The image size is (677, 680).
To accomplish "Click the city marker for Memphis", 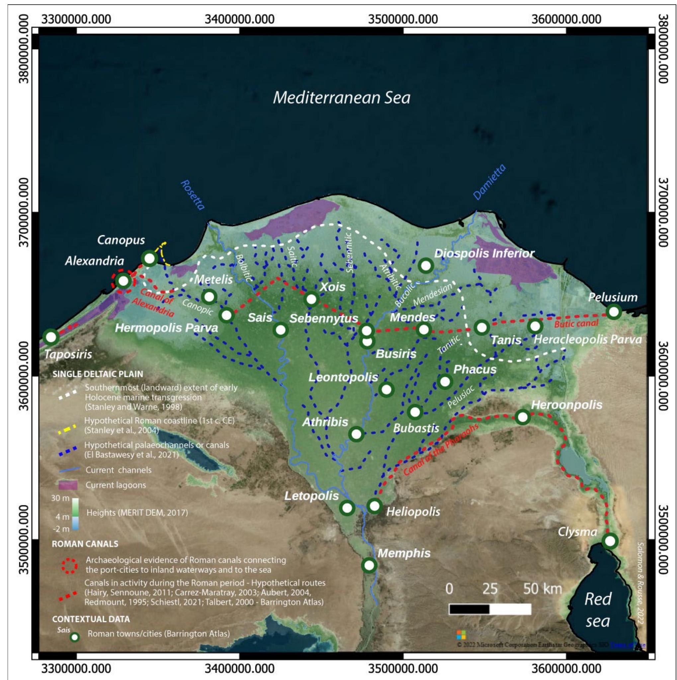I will [369, 565].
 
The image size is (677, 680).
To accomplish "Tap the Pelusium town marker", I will [614, 312].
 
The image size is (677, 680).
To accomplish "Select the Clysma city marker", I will [610, 541].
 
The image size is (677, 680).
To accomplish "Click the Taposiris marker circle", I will [51, 337].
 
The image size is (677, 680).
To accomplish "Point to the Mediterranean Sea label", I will [341, 98].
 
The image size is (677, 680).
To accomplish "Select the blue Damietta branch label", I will [489, 182].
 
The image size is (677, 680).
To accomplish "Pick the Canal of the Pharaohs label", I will [441, 450].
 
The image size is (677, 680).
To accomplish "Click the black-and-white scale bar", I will [490, 609].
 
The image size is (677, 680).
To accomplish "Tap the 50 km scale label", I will [543, 589].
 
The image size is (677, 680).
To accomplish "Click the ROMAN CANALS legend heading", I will [85, 544].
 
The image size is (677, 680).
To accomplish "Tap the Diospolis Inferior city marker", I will [426, 266].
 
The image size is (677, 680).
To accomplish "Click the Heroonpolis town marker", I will [523, 417].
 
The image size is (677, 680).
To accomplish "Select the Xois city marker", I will [311, 299].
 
